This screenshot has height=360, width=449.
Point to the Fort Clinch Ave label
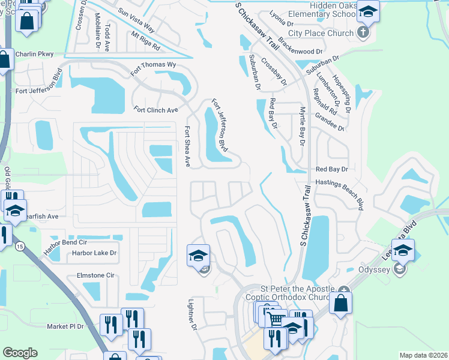(x=156, y=110)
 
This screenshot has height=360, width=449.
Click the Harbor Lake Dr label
(x=94, y=253)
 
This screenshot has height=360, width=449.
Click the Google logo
(x=20, y=353)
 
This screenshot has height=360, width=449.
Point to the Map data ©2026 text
(x=423, y=355)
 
